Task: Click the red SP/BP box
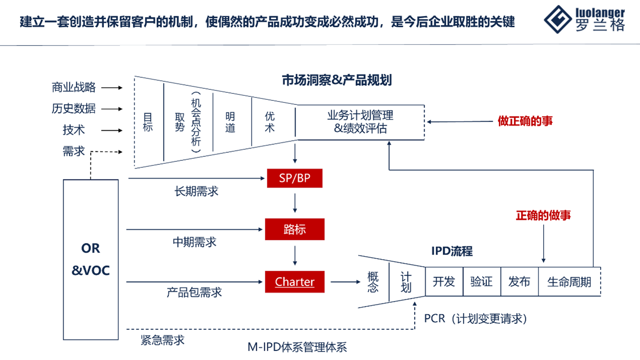point(295,178)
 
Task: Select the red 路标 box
point(295,229)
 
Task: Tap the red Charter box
point(295,282)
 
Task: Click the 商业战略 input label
point(74,87)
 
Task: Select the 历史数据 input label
point(74,108)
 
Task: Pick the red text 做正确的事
point(525,121)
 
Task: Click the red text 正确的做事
point(543,215)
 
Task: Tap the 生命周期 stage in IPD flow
point(569,281)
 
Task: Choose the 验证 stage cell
point(481,281)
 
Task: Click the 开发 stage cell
point(444,281)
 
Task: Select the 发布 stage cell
point(519,281)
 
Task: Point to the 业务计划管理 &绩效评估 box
point(360,122)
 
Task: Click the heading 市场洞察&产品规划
point(337,80)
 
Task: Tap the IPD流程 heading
point(452,251)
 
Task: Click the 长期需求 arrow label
point(197,192)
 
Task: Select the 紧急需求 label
point(162,340)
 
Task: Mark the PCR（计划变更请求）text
point(476,319)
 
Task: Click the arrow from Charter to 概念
point(341,282)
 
